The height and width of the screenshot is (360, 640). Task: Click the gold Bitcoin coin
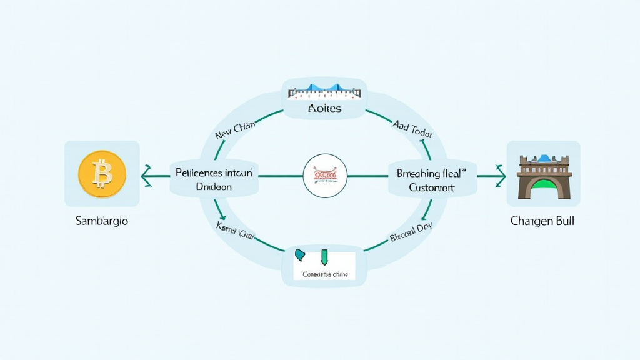[102, 174]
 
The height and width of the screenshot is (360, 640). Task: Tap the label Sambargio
[102, 221]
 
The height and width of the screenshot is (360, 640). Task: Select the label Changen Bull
[542, 221]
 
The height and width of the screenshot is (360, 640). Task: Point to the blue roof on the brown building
[544, 157]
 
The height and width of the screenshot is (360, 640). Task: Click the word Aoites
[325, 109]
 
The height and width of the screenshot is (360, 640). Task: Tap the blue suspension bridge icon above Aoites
[324, 91]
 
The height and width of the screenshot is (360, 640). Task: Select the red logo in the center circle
[324, 174]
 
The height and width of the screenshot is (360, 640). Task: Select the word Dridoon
[214, 187]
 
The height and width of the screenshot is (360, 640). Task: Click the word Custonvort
[432, 187]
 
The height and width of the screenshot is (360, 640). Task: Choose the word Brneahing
[419, 174]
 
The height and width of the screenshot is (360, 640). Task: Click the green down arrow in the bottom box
[324, 256]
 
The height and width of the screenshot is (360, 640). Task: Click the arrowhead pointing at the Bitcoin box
[146, 176]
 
